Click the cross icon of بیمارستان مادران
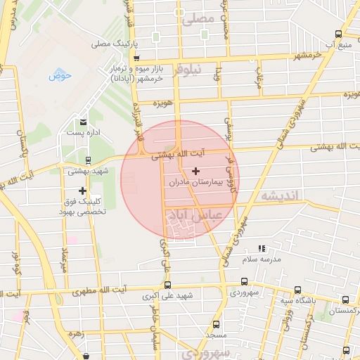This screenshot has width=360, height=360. pos(195,171)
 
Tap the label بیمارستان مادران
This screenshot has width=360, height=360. pos(195,181)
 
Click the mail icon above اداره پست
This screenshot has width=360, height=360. pos(84,122)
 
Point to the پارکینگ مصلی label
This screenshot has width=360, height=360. pos(110,44)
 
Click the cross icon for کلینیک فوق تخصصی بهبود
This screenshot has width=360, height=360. pos(83,191)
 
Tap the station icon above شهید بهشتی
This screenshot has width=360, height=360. pos(88,160)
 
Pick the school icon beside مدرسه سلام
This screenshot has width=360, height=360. pos(262,248)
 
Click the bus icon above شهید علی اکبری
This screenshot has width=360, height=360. pos(167,285)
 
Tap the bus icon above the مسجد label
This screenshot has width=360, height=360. pos(215,325)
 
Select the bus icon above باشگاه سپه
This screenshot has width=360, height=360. pos(297,290)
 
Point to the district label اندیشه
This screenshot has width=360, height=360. pos(281,195)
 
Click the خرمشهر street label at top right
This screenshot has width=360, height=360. pos(307,54)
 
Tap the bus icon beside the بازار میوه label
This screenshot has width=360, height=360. pos(136,58)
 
